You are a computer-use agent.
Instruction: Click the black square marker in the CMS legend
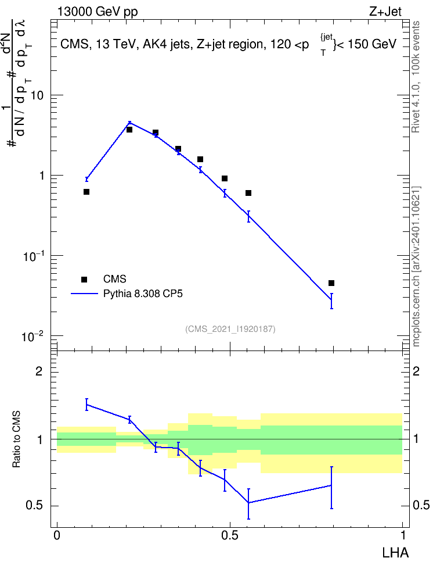84,279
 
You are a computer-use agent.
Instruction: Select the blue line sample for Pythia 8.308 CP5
84,294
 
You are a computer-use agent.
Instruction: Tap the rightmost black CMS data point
331,283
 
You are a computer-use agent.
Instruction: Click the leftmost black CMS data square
86,192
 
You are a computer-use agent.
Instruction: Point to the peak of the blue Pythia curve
129,123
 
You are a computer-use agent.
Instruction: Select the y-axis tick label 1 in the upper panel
41,176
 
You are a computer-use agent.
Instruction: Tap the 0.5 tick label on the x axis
230,535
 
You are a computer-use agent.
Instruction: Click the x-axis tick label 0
57,535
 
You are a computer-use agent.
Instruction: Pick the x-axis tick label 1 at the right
403,535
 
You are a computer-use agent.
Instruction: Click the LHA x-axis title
395,552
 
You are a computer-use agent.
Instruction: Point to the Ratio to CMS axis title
16,439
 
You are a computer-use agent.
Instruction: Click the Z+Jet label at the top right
385,12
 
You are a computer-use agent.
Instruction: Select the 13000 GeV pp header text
98,12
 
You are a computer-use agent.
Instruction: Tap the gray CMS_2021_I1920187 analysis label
230,328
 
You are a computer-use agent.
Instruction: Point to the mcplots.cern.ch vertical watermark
416,267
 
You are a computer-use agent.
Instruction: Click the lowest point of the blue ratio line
248,503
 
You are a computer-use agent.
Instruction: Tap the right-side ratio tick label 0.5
421,505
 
